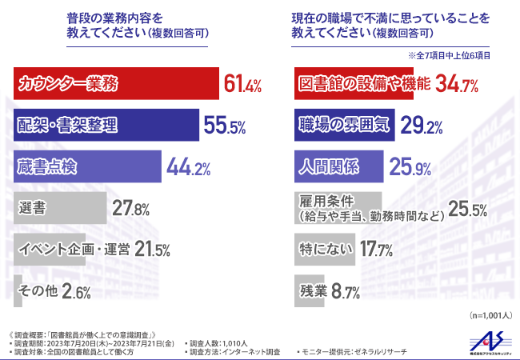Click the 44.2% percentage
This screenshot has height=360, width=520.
point(188,167)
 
